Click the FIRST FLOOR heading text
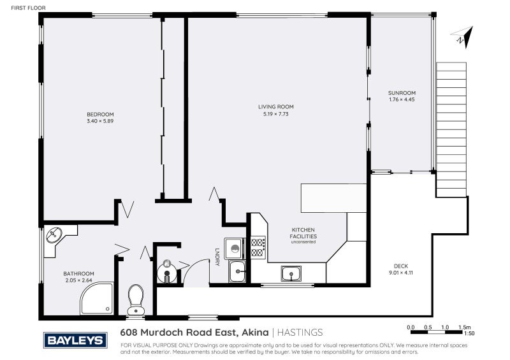(20, 8)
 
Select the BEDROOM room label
(100, 114)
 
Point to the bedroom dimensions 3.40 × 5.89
(100, 121)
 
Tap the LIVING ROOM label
(275, 106)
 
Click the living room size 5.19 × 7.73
(275, 114)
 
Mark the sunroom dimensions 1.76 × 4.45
(402, 99)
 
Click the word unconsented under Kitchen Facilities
(303, 241)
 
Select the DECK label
(401, 266)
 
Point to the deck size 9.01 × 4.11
(401, 273)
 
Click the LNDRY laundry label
(217, 256)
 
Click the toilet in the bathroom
(136, 298)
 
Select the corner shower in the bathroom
(97, 298)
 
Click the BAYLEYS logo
(75, 340)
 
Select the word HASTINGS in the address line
(300, 332)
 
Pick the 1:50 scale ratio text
(469, 333)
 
